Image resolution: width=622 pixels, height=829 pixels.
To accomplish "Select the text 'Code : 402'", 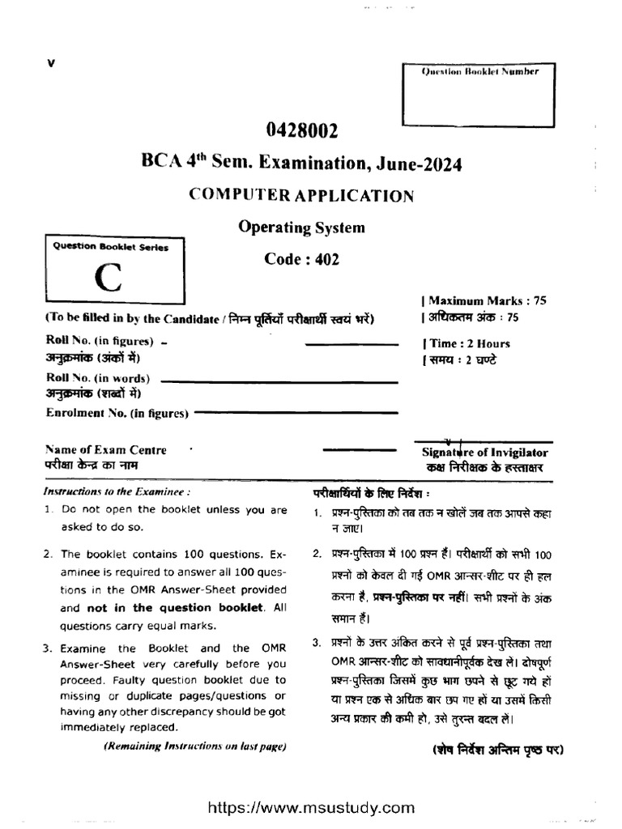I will [x=301, y=259].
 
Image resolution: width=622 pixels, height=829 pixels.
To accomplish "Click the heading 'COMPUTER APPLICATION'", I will [x=301, y=195].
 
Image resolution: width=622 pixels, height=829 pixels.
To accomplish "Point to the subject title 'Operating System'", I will [x=301, y=227].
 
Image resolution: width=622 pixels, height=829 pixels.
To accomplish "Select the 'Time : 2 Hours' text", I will [x=467, y=343].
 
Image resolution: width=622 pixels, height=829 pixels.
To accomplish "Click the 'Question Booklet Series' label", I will [x=110, y=247].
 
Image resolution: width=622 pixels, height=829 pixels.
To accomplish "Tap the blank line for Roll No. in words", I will [x=280, y=379].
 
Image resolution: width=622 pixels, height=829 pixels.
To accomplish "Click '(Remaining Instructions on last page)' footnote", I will [x=194, y=746].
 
